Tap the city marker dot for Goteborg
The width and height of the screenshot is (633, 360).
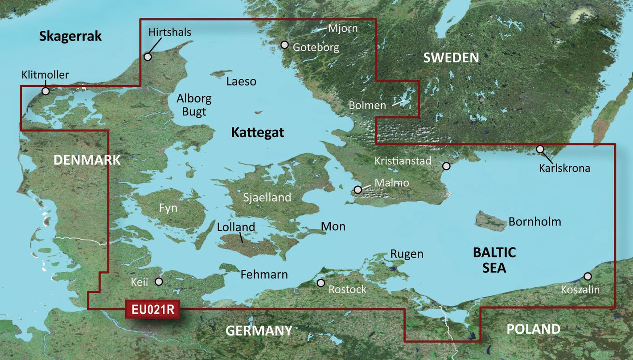pos(284,45)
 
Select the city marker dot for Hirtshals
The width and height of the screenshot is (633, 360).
pos(148,57)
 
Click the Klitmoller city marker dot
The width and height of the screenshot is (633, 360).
pos(45,91)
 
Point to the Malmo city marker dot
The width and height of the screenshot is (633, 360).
pos(358,190)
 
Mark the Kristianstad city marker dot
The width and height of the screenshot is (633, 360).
pos(446,166)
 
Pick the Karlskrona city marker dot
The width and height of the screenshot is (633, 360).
pos(540,149)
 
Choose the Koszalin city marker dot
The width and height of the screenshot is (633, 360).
pos(588,276)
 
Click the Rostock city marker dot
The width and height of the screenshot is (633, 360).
pos(321,283)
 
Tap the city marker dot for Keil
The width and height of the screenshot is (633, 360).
pos(159,282)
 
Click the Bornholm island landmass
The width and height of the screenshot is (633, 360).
pos(490,221)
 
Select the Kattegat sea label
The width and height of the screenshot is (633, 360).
pos(257,133)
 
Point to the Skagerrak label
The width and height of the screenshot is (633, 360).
pos(70,36)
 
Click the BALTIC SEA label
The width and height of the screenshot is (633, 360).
pos(494,260)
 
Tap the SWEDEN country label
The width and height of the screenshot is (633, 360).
pos(451,57)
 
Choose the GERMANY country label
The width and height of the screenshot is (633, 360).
pos(259,331)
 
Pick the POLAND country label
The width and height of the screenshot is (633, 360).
pos(533,329)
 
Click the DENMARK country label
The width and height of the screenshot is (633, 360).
pos(87,160)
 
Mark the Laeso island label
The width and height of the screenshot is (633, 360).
pos(241,82)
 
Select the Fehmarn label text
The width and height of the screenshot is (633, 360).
pos(264,274)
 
